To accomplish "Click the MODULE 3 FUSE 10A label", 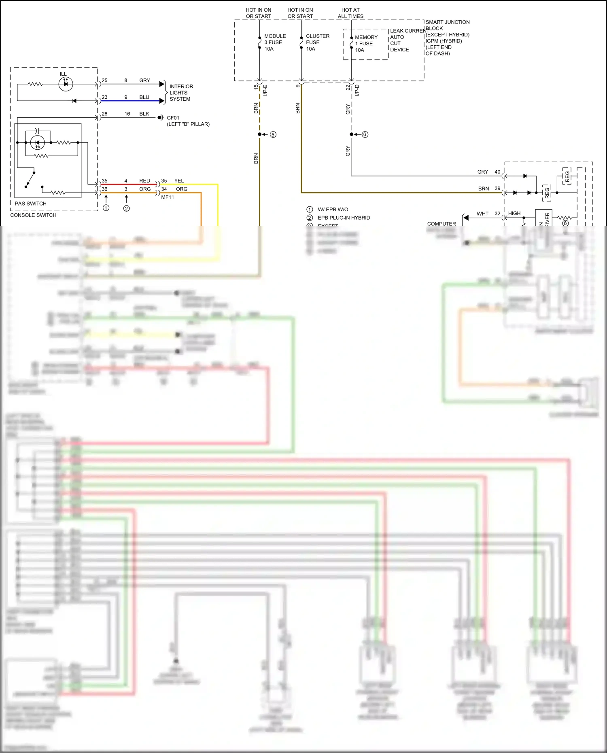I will point(275,42).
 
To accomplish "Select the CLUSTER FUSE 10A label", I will point(317,42).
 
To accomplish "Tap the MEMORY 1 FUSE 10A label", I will point(366,44).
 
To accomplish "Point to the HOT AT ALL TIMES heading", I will point(350,13).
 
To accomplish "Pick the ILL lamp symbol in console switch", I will point(66,84).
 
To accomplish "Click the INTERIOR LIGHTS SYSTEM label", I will point(181,93).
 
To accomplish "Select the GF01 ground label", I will point(173,118).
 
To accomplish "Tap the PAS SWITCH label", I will point(30,204).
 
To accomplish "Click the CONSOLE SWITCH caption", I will point(33,215).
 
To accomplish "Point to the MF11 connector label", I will point(168,197).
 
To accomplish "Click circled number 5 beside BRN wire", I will point(273,134).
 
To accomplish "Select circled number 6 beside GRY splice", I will point(365,134).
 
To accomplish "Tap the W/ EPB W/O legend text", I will point(333,209).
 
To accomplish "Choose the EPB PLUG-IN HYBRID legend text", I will point(344,218).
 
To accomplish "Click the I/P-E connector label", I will point(265,90).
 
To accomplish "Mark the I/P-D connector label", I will point(357,90).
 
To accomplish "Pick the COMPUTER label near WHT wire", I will point(441,224).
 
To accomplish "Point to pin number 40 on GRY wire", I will point(497,172).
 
